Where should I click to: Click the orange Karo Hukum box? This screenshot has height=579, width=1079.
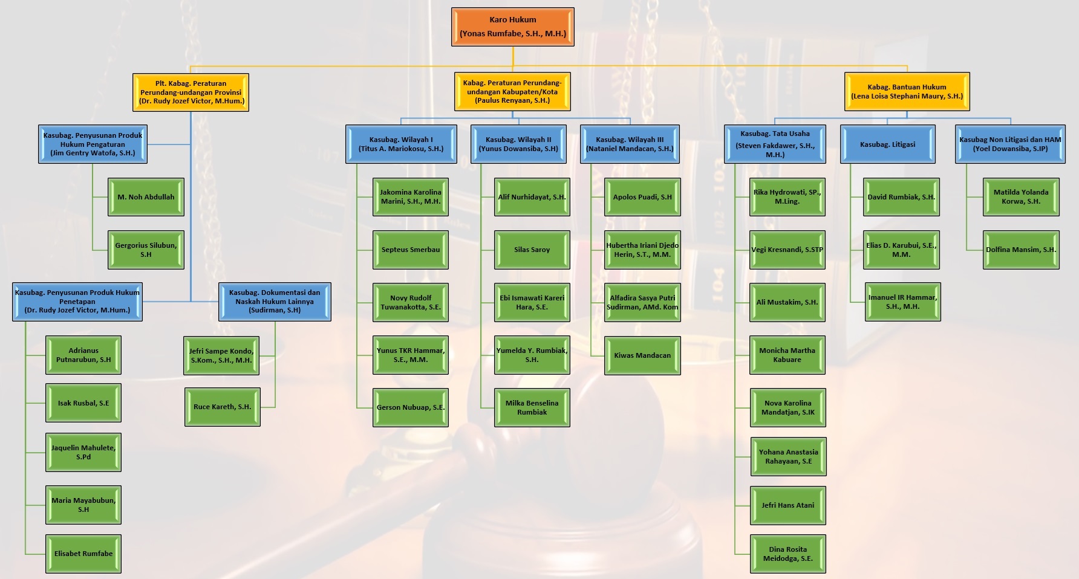point(512,27)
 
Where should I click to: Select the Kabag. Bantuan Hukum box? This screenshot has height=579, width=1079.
point(907,92)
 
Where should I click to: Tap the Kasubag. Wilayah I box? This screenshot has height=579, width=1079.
point(400,144)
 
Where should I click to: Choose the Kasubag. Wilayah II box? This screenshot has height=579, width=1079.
point(518,144)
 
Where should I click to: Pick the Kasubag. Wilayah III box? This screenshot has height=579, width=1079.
point(630,144)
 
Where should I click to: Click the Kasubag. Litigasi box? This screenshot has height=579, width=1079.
point(887,144)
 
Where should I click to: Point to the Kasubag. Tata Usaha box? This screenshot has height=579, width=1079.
point(775,144)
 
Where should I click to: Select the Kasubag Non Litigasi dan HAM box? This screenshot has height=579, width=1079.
point(1010,144)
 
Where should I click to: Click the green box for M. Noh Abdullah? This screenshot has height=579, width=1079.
point(146,197)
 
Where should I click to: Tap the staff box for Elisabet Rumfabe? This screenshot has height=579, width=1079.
point(83,554)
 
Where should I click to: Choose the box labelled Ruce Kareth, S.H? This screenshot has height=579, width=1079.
point(222,407)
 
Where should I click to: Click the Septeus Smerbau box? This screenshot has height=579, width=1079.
point(411,250)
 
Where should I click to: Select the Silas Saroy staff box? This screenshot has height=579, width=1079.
point(532,250)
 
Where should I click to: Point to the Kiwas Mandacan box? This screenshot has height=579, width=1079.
point(642,355)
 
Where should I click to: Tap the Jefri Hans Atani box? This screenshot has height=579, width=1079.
point(787,505)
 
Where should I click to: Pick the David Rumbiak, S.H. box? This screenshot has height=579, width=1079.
point(901,197)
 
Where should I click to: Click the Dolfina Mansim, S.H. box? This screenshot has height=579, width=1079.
point(1021,250)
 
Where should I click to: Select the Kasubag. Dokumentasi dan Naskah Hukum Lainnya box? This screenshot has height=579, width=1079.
point(275,302)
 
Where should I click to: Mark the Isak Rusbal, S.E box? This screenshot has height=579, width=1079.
point(83,403)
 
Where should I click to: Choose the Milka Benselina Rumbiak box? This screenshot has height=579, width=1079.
point(532,408)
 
